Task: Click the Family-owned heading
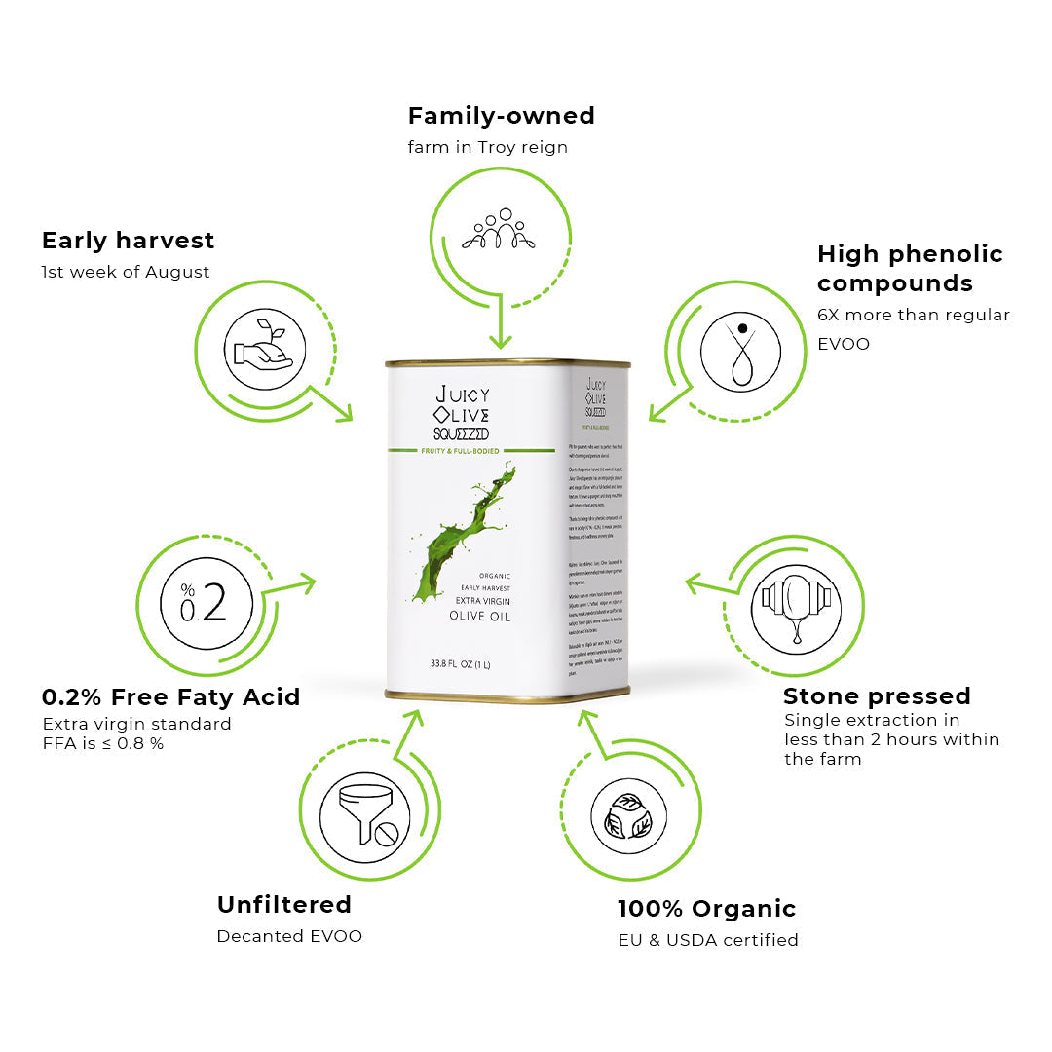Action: pyautogui.click(x=501, y=116)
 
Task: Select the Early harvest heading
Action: pyautogui.click(x=128, y=241)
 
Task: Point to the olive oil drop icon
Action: pyautogui.click(x=740, y=352)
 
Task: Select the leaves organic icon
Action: pyautogui.click(x=628, y=816)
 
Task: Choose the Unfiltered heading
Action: pyautogui.click(x=283, y=905)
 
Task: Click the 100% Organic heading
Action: pyautogui.click(x=706, y=909)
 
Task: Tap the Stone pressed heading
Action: pyautogui.click(x=877, y=696)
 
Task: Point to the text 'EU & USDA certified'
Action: pyautogui.click(x=708, y=940)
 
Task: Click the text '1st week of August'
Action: pyautogui.click(x=125, y=273)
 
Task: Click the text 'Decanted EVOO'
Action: pyautogui.click(x=289, y=936)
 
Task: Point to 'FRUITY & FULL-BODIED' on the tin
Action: pyautogui.click(x=460, y=452)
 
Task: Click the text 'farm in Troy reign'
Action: pyautogui.click(x=487, y=148)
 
